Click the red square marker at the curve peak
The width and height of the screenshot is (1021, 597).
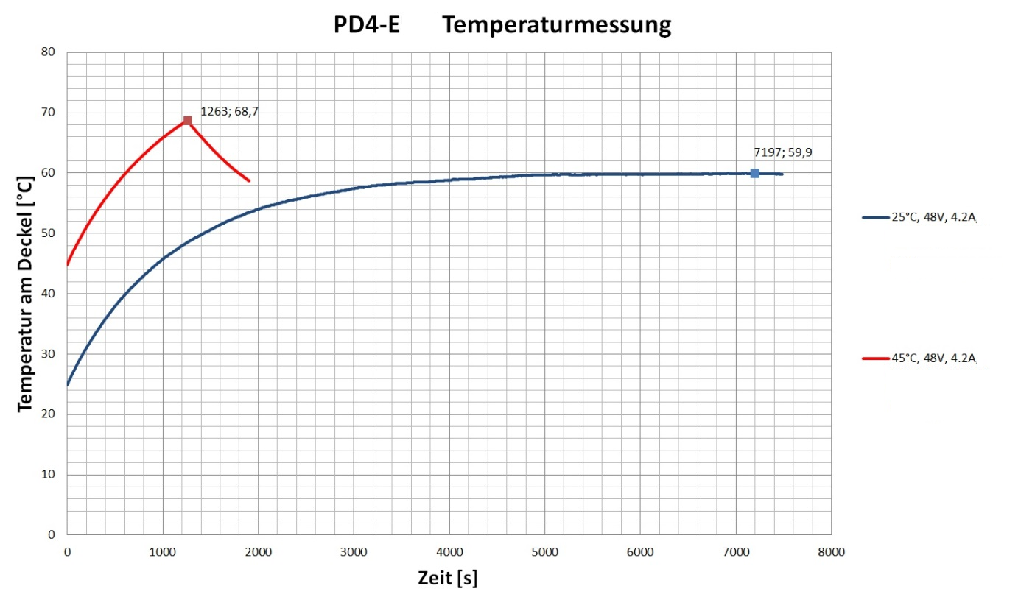coord(187,121)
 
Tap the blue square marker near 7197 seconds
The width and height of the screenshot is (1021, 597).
coord(754,173)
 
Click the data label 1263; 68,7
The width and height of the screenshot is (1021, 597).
coord(229,111)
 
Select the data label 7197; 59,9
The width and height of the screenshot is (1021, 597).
coord(782,153)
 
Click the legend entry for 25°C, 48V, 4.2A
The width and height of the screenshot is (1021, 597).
coord(919,218)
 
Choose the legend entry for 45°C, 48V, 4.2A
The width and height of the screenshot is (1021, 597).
coord(919,358)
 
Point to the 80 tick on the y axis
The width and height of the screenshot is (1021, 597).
coord(49,52)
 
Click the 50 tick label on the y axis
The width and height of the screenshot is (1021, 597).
coord(49,233)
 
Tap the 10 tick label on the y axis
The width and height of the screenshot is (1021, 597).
coord(49,475)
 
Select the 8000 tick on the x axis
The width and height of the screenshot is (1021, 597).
coord(831,551)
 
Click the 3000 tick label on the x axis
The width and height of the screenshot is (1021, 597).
coord(353,551)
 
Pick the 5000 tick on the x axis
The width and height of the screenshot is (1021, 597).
coord(544,551)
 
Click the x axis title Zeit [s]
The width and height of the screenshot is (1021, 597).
coord(448,579)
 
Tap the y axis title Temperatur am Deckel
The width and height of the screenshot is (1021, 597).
coord(26,293)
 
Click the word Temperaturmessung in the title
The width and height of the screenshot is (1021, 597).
coord(557,26)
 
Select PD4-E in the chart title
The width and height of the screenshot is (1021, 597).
coord(367,26)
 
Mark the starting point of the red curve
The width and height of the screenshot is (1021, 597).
coord(68,264)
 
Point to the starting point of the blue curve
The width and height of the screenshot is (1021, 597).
coord(68,384)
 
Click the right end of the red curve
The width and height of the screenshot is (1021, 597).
coord(249,180)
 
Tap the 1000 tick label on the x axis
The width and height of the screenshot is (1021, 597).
coord(162,551)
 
